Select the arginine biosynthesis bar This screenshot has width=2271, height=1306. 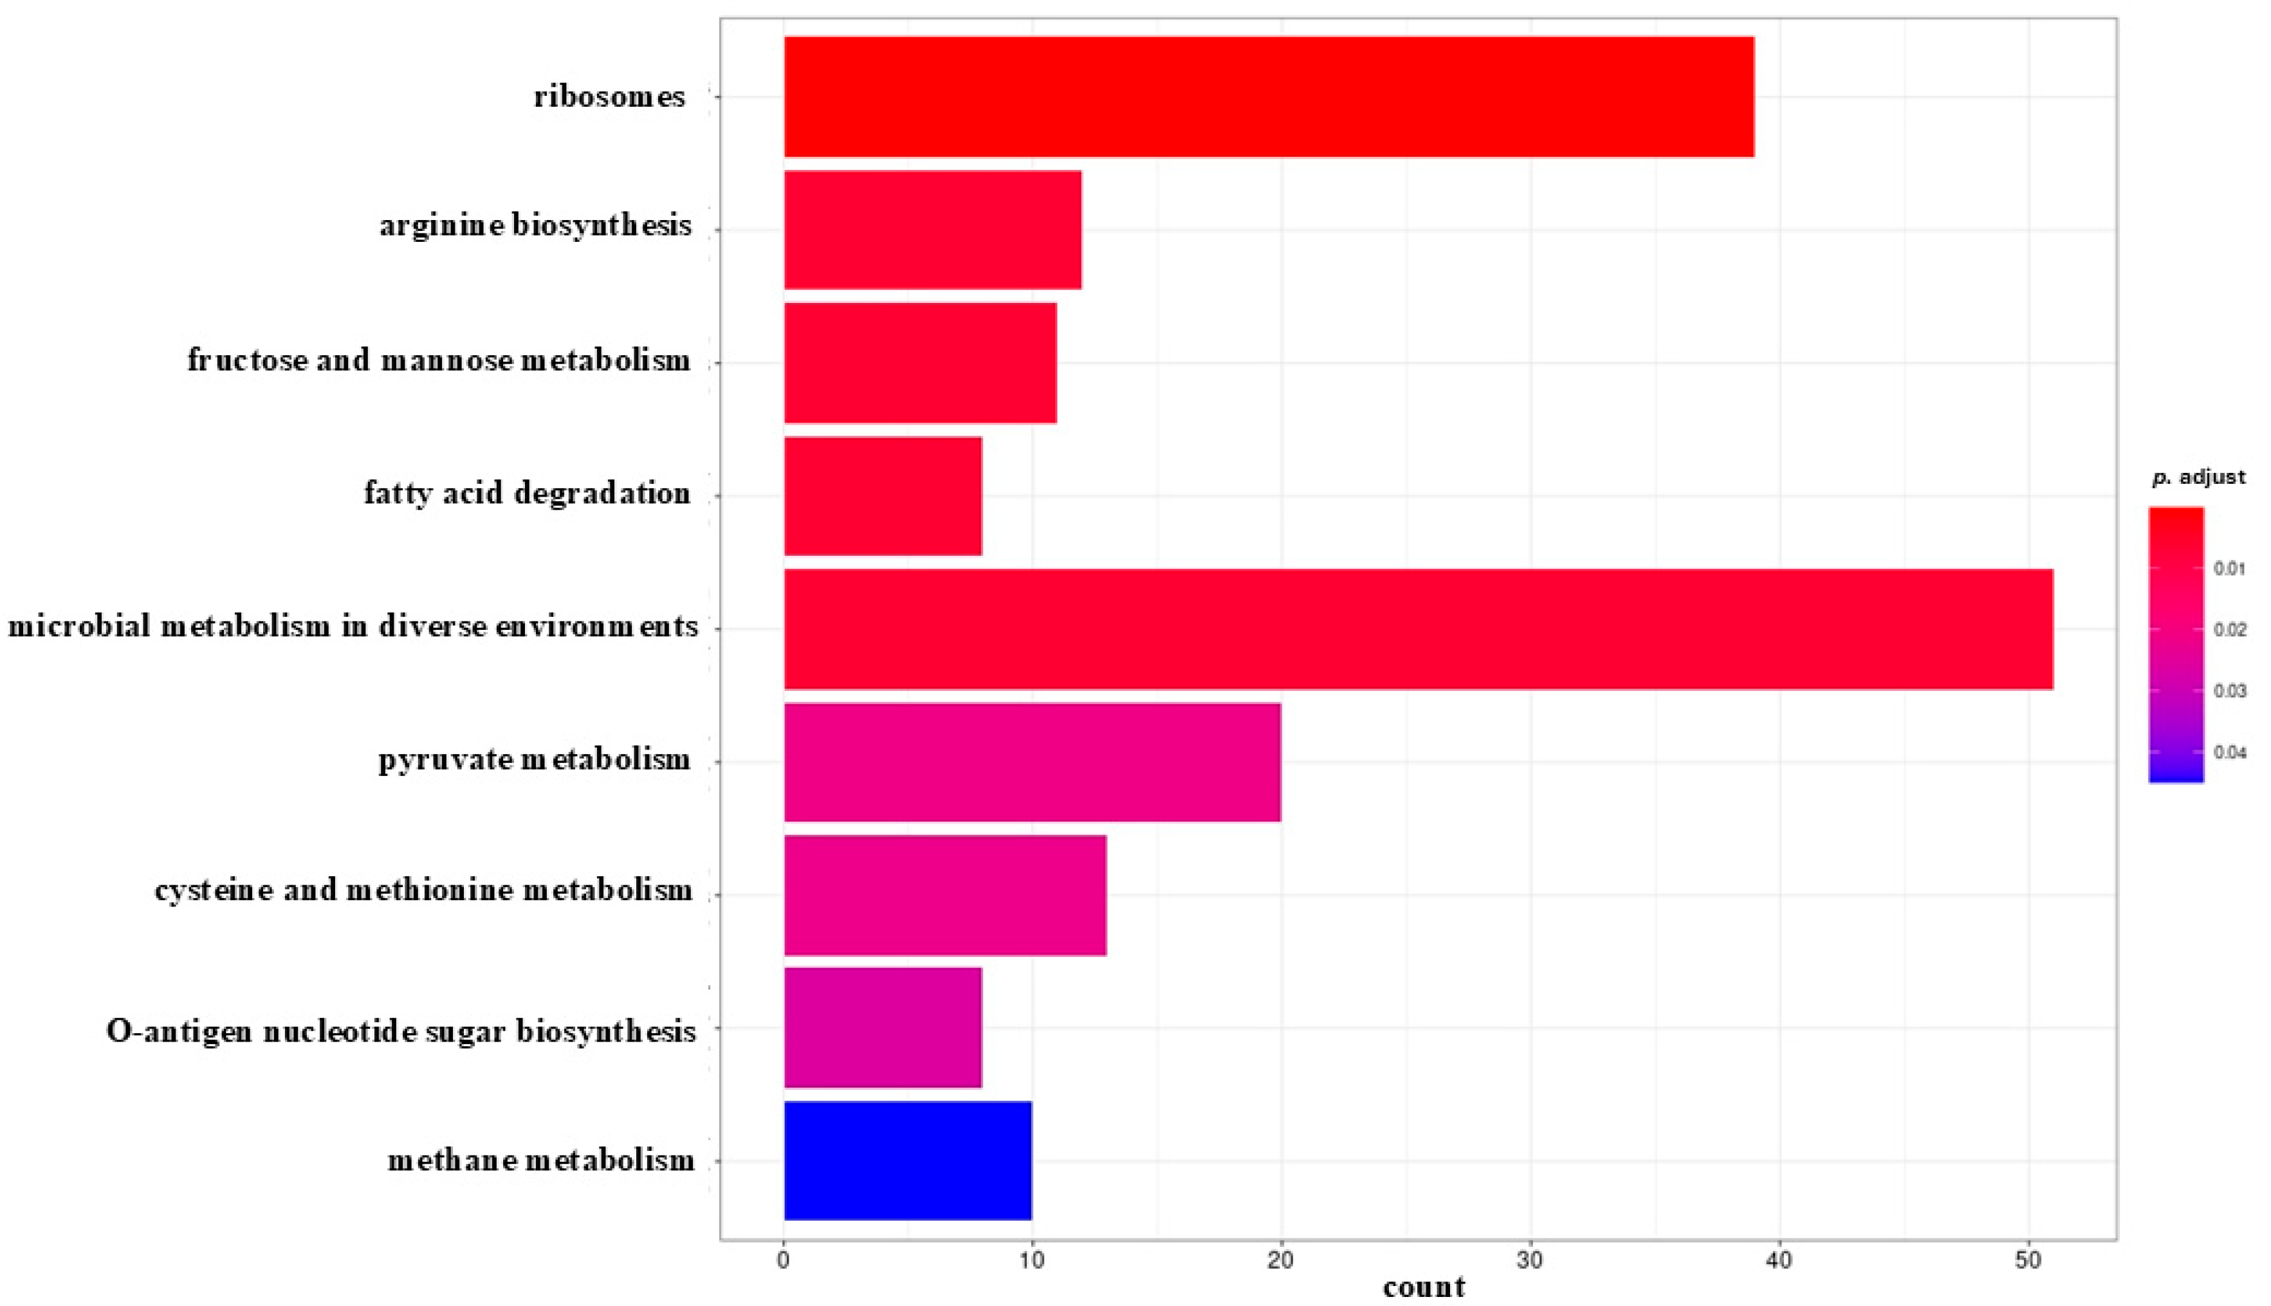tap(933, 230)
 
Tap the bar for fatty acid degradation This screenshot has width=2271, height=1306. tap(883, 496)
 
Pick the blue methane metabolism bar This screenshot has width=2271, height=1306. tap(908, 1160)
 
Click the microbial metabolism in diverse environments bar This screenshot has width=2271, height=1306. tap(1417, 629)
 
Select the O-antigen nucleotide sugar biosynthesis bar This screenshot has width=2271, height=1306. tap(883, 1027)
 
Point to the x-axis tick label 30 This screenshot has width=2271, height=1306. tap(1529, 1260)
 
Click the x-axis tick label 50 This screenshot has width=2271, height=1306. tap(2027, 1260)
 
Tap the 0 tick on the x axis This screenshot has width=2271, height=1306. tap(784, 1260)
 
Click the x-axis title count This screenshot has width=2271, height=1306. tap(1424, 1288)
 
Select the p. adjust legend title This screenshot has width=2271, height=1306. tap(2198, 477)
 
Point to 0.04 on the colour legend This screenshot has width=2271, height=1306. tap(2230, 753)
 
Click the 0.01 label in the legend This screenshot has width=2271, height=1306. tap(2230, 569)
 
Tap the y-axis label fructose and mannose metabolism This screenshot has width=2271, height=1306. tap(439, 360)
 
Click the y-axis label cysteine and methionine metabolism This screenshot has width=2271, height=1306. tap(423, 890)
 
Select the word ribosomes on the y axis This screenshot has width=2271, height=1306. tap(609, 97)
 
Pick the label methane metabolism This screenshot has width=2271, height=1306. tap(541, 1161)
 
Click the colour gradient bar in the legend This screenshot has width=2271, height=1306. tap(2175, 645)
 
